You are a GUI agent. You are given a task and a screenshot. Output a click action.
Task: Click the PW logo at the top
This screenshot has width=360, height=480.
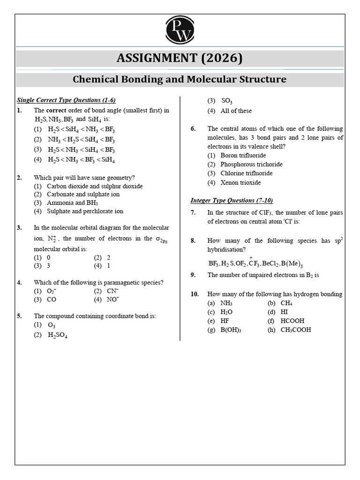(180, 30)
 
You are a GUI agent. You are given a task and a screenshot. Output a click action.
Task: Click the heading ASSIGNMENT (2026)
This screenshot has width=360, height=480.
(180, 58)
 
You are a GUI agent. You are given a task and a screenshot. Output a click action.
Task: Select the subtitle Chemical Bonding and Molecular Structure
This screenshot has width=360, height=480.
(180, 79)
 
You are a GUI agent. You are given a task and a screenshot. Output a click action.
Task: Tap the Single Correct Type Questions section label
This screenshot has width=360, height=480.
(66, 100)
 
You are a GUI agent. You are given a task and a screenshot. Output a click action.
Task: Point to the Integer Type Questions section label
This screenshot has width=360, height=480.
(232, 200)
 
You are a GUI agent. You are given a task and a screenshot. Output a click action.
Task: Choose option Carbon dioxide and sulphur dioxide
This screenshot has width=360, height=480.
(95, 186)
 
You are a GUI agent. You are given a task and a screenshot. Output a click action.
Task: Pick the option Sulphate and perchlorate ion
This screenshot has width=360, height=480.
(85, 211)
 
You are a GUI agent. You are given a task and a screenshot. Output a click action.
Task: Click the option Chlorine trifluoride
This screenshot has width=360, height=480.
(246, 173)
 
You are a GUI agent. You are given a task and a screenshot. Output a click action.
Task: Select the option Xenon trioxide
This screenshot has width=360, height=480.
(240, 182)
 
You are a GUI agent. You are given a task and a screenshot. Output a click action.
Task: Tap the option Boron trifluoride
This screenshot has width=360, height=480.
(243, 156)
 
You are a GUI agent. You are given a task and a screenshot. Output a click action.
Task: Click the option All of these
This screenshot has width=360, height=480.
(236, 111)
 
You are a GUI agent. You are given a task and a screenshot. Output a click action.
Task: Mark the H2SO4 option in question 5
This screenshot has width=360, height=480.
(58, 335)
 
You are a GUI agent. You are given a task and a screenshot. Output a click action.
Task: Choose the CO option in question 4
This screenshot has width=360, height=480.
(52, 300)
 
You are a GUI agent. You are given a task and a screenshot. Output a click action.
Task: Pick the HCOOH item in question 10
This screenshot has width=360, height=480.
(292, 321)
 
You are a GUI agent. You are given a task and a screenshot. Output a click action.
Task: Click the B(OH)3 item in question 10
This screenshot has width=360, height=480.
(231, 330)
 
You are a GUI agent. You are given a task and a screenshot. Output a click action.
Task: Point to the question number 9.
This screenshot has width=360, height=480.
(193, 275)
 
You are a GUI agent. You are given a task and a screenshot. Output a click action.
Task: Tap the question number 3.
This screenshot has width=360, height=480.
(19, 228)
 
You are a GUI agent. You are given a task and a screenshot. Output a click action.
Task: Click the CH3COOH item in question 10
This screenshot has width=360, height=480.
(295, 330)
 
